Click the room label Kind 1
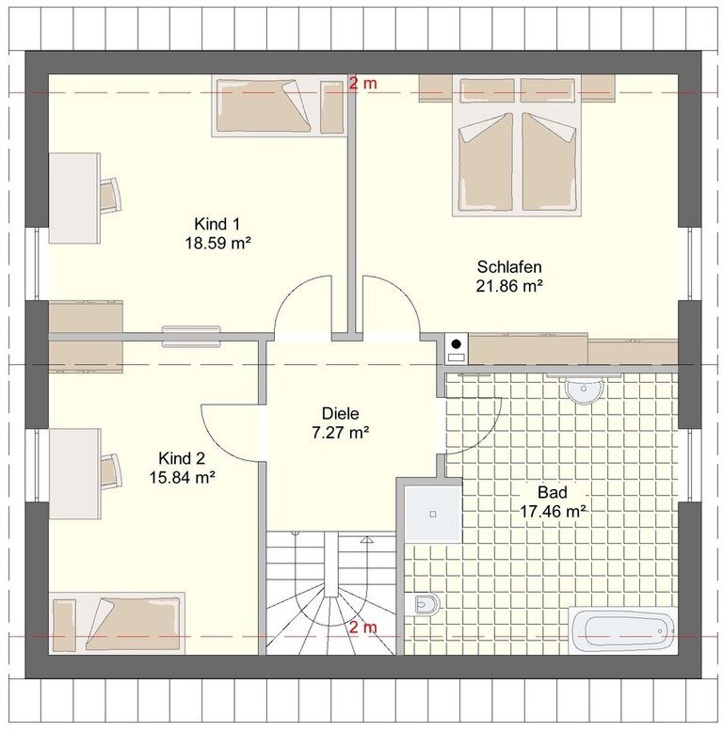tap(217, 224)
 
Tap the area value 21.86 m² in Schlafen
tap(509, 285)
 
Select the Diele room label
tap(341, 414)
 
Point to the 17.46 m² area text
tap(553, 512)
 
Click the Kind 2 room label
tap(182, 458)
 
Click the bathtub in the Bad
tap(623, 630)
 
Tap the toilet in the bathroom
tap(422, 605)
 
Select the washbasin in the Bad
tap(584, 389)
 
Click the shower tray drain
tap(433, 515)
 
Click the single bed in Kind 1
tap(279, 105)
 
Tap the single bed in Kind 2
tap(117, 623)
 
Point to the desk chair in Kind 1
tap(111, 194)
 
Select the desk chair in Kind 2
tap(111, 470)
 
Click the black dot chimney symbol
tap(457, 344)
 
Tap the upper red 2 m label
tap(362, 84)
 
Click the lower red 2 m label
tap(362, 628)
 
